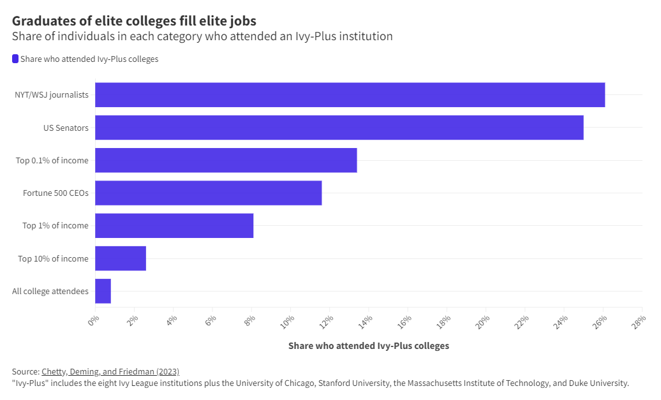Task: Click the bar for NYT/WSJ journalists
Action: [x=350, y=94]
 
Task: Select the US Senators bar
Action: [x=339, y=128]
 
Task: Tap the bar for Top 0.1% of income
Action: [x=226, y=160]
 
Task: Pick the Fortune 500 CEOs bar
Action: [x=208, y=193]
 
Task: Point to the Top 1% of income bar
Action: [x=174, y=226]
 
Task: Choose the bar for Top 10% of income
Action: [x=121, y=258]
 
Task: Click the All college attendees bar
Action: [x=103, y=291]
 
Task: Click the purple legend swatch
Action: [x=15, y=59]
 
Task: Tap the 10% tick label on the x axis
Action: [x=288, y=320]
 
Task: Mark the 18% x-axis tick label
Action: [x=444, y=320]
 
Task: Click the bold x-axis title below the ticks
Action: [x=368, y=346]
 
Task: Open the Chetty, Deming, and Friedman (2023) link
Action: [x=110, y=371]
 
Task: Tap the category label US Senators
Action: [x=66, y=128]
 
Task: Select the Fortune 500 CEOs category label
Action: [x=56, y=193]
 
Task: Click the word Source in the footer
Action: [x=25, y=371]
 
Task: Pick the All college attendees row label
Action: [x=50, y=291]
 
